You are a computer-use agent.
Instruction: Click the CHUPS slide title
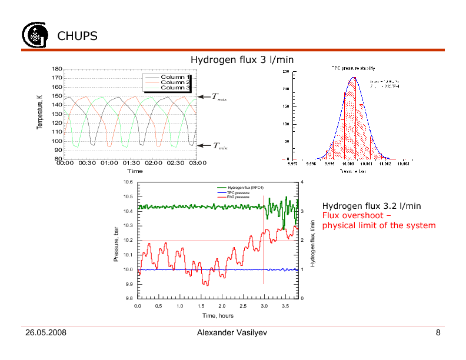coord(77,36)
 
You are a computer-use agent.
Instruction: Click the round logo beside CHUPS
coord(33,35)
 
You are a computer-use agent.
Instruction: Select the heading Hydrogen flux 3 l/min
coord(242,60)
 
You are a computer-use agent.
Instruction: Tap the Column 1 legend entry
coord(175,76)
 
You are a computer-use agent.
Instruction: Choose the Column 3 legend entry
coord(175,87)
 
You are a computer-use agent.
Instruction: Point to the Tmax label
coord(219,97)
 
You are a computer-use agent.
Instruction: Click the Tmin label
coord(219,146)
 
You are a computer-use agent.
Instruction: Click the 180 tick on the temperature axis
coord(56,69)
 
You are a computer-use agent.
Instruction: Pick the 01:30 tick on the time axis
coord(131,163)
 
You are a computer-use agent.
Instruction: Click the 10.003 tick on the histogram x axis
coord(403,165)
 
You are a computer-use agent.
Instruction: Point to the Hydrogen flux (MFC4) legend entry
coord(241,187)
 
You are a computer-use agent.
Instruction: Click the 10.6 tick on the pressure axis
coord(128,182)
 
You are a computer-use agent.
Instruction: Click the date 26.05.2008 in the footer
coord(45,334)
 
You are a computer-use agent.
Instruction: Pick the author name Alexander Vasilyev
coord(232,334)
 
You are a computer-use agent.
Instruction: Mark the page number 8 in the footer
coord(438,334)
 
